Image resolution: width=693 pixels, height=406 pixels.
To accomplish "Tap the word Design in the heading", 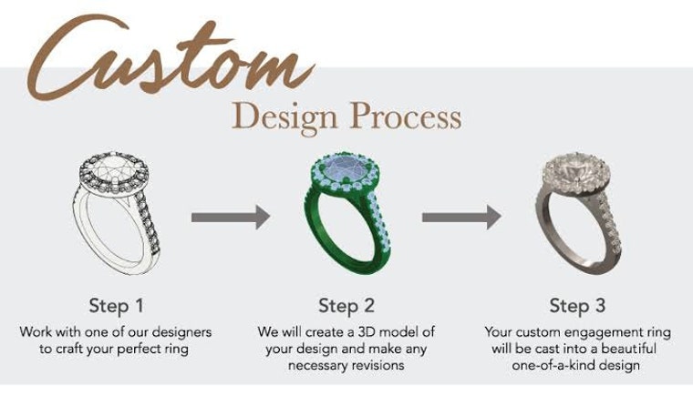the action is coord(285,117).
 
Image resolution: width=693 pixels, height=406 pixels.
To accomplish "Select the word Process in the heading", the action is coord(406,116).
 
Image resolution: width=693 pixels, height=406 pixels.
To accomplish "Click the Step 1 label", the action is coord(116,305).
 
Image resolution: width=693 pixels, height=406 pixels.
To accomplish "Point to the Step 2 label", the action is coord(346,305).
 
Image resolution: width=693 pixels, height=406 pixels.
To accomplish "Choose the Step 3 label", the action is coord(577,305).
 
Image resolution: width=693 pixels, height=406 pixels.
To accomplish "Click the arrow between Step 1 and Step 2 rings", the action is coord(231,218).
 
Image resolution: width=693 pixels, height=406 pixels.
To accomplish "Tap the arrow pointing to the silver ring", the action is coord(461,218).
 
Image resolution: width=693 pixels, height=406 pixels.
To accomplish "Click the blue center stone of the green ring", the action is coord(346,169).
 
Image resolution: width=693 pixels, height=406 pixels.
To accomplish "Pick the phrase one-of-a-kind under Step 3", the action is coord(553,365).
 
